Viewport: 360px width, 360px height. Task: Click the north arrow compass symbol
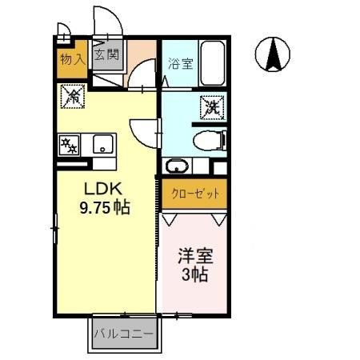tap(273, 54)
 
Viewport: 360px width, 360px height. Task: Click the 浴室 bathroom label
tap(180, 65)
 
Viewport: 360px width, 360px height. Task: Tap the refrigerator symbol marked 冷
tap(72, 98)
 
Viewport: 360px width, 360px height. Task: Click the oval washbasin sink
tap(177, 167)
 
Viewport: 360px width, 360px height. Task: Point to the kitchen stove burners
tap(70, 146)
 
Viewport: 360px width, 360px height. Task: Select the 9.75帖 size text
tap(104, 206)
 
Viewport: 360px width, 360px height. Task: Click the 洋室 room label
tap(194, 258)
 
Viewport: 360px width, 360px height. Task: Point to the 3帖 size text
tap(194, 277)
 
